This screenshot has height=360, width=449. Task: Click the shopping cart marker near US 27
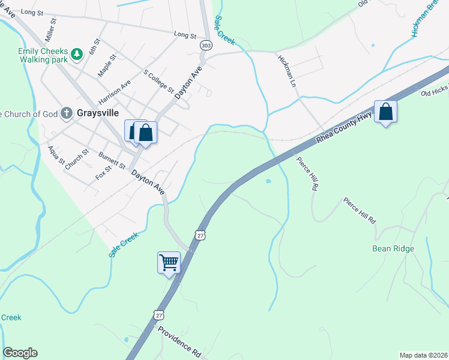pos(169,262)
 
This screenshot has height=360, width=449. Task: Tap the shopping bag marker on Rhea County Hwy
pos(385,112)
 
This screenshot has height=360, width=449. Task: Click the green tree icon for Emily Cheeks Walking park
pos(77,55)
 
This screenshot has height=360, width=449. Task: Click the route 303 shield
pos(206,45)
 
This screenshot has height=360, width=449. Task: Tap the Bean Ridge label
pos(393,248)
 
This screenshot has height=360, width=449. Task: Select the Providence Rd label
pos(179,339)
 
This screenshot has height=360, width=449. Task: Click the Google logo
pos(20,353)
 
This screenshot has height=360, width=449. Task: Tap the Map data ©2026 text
pos(423,355)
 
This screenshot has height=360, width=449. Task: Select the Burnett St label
pos(112,160)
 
